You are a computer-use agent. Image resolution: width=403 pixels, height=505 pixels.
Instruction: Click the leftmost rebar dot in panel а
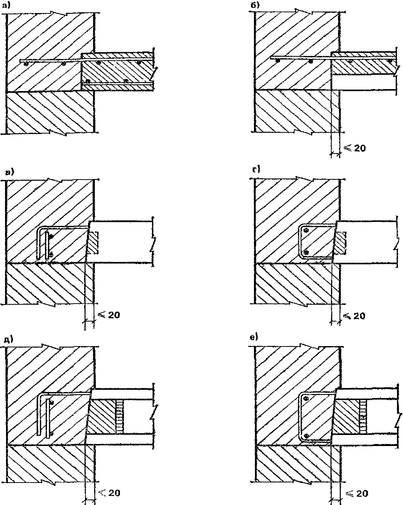coord(25,64)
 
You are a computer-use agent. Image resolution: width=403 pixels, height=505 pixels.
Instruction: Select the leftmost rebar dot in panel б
coord(277,61)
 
